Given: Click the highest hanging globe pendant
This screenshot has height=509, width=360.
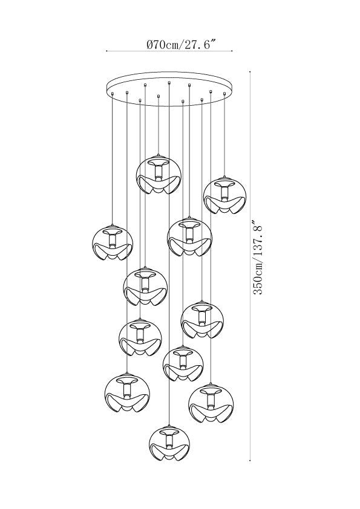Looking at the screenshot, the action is (159, 175).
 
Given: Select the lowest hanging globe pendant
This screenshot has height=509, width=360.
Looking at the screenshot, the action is (169, 446).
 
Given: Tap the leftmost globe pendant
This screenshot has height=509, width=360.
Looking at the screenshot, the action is (113, 243).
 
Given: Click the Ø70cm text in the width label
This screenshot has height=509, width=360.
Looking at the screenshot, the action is (163, 44).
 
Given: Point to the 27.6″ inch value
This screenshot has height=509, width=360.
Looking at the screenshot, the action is (200, 44).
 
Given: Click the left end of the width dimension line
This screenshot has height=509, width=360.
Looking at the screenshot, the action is (106, 51).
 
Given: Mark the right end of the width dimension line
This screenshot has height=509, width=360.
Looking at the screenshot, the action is (232, 51).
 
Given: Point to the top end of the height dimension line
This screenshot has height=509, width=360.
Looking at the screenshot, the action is (250, 71).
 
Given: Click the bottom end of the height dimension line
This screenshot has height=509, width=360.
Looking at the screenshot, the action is (250, 460).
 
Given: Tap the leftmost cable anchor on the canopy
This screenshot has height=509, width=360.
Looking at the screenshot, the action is (113, 94).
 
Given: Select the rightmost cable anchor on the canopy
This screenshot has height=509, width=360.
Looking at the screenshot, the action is (224, 94).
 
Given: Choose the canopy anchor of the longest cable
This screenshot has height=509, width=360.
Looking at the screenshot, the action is (169, 83).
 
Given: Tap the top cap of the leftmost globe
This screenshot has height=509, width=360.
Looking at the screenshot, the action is (113, 226).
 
